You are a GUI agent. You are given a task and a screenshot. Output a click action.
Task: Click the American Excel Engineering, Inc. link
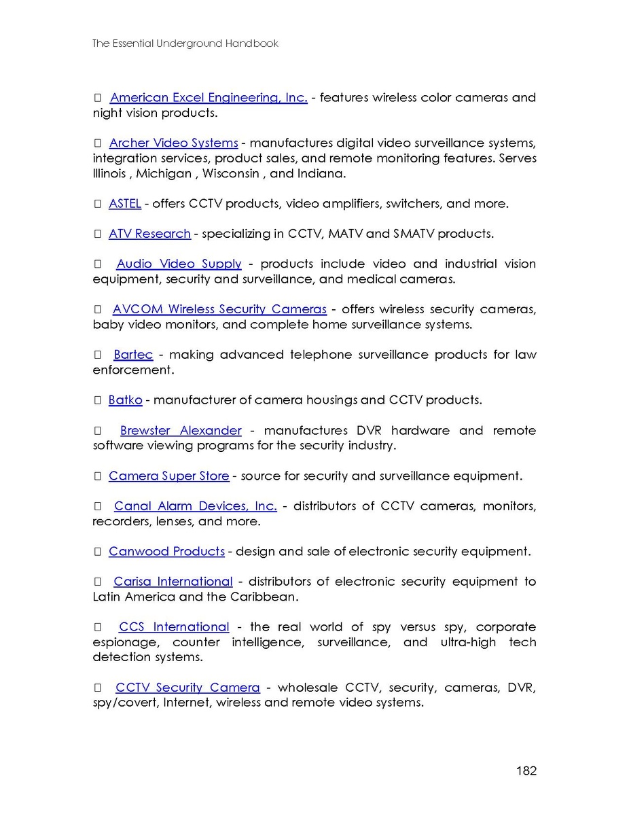pyautogui.click(x=209, y=98)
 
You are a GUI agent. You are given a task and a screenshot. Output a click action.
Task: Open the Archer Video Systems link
pyautogui.click(x=173, y=143)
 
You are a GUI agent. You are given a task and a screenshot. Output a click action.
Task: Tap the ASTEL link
pyautogui.click(x=124, y=204)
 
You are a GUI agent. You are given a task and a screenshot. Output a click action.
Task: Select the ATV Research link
pyautogui.click(x=149, y=234)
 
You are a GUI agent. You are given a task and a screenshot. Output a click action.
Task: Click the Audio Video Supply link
pyautogui.click(x=179, y=264)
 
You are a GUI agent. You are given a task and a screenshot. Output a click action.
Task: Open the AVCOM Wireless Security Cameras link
pyautogui.click(x=219, y=309)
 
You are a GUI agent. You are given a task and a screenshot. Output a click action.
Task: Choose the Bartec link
pyautogui.click(x=133, y=355)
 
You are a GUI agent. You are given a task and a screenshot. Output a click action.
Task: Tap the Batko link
pyautogui.click(x=125, y=400)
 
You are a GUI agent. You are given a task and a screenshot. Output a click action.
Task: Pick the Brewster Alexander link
pyautogui.click(x=181, y=431)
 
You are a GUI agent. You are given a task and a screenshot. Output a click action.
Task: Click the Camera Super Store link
pyautogui.click(x=168, y=476)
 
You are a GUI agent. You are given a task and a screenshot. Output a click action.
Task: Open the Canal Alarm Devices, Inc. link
pyautogui.click(x=195, y=506)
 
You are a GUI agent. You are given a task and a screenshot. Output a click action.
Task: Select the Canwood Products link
pyautogui.click(x=166, y=552)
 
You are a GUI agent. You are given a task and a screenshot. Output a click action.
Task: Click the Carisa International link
pyautogui.click(x=173, y=582)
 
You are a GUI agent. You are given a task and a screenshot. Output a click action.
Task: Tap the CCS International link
pyautogui.click(x=174, y=627)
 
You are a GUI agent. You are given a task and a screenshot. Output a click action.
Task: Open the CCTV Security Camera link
pyautogui.click(x=187, y=688)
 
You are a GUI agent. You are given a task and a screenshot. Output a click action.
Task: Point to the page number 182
pyautogui.click(x=526, y=771)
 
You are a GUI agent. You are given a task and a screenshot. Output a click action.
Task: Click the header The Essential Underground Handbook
pyautogui.click(x=185, y=43)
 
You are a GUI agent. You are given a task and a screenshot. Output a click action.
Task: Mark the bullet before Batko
pyautogui.click(x=97, y=400)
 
